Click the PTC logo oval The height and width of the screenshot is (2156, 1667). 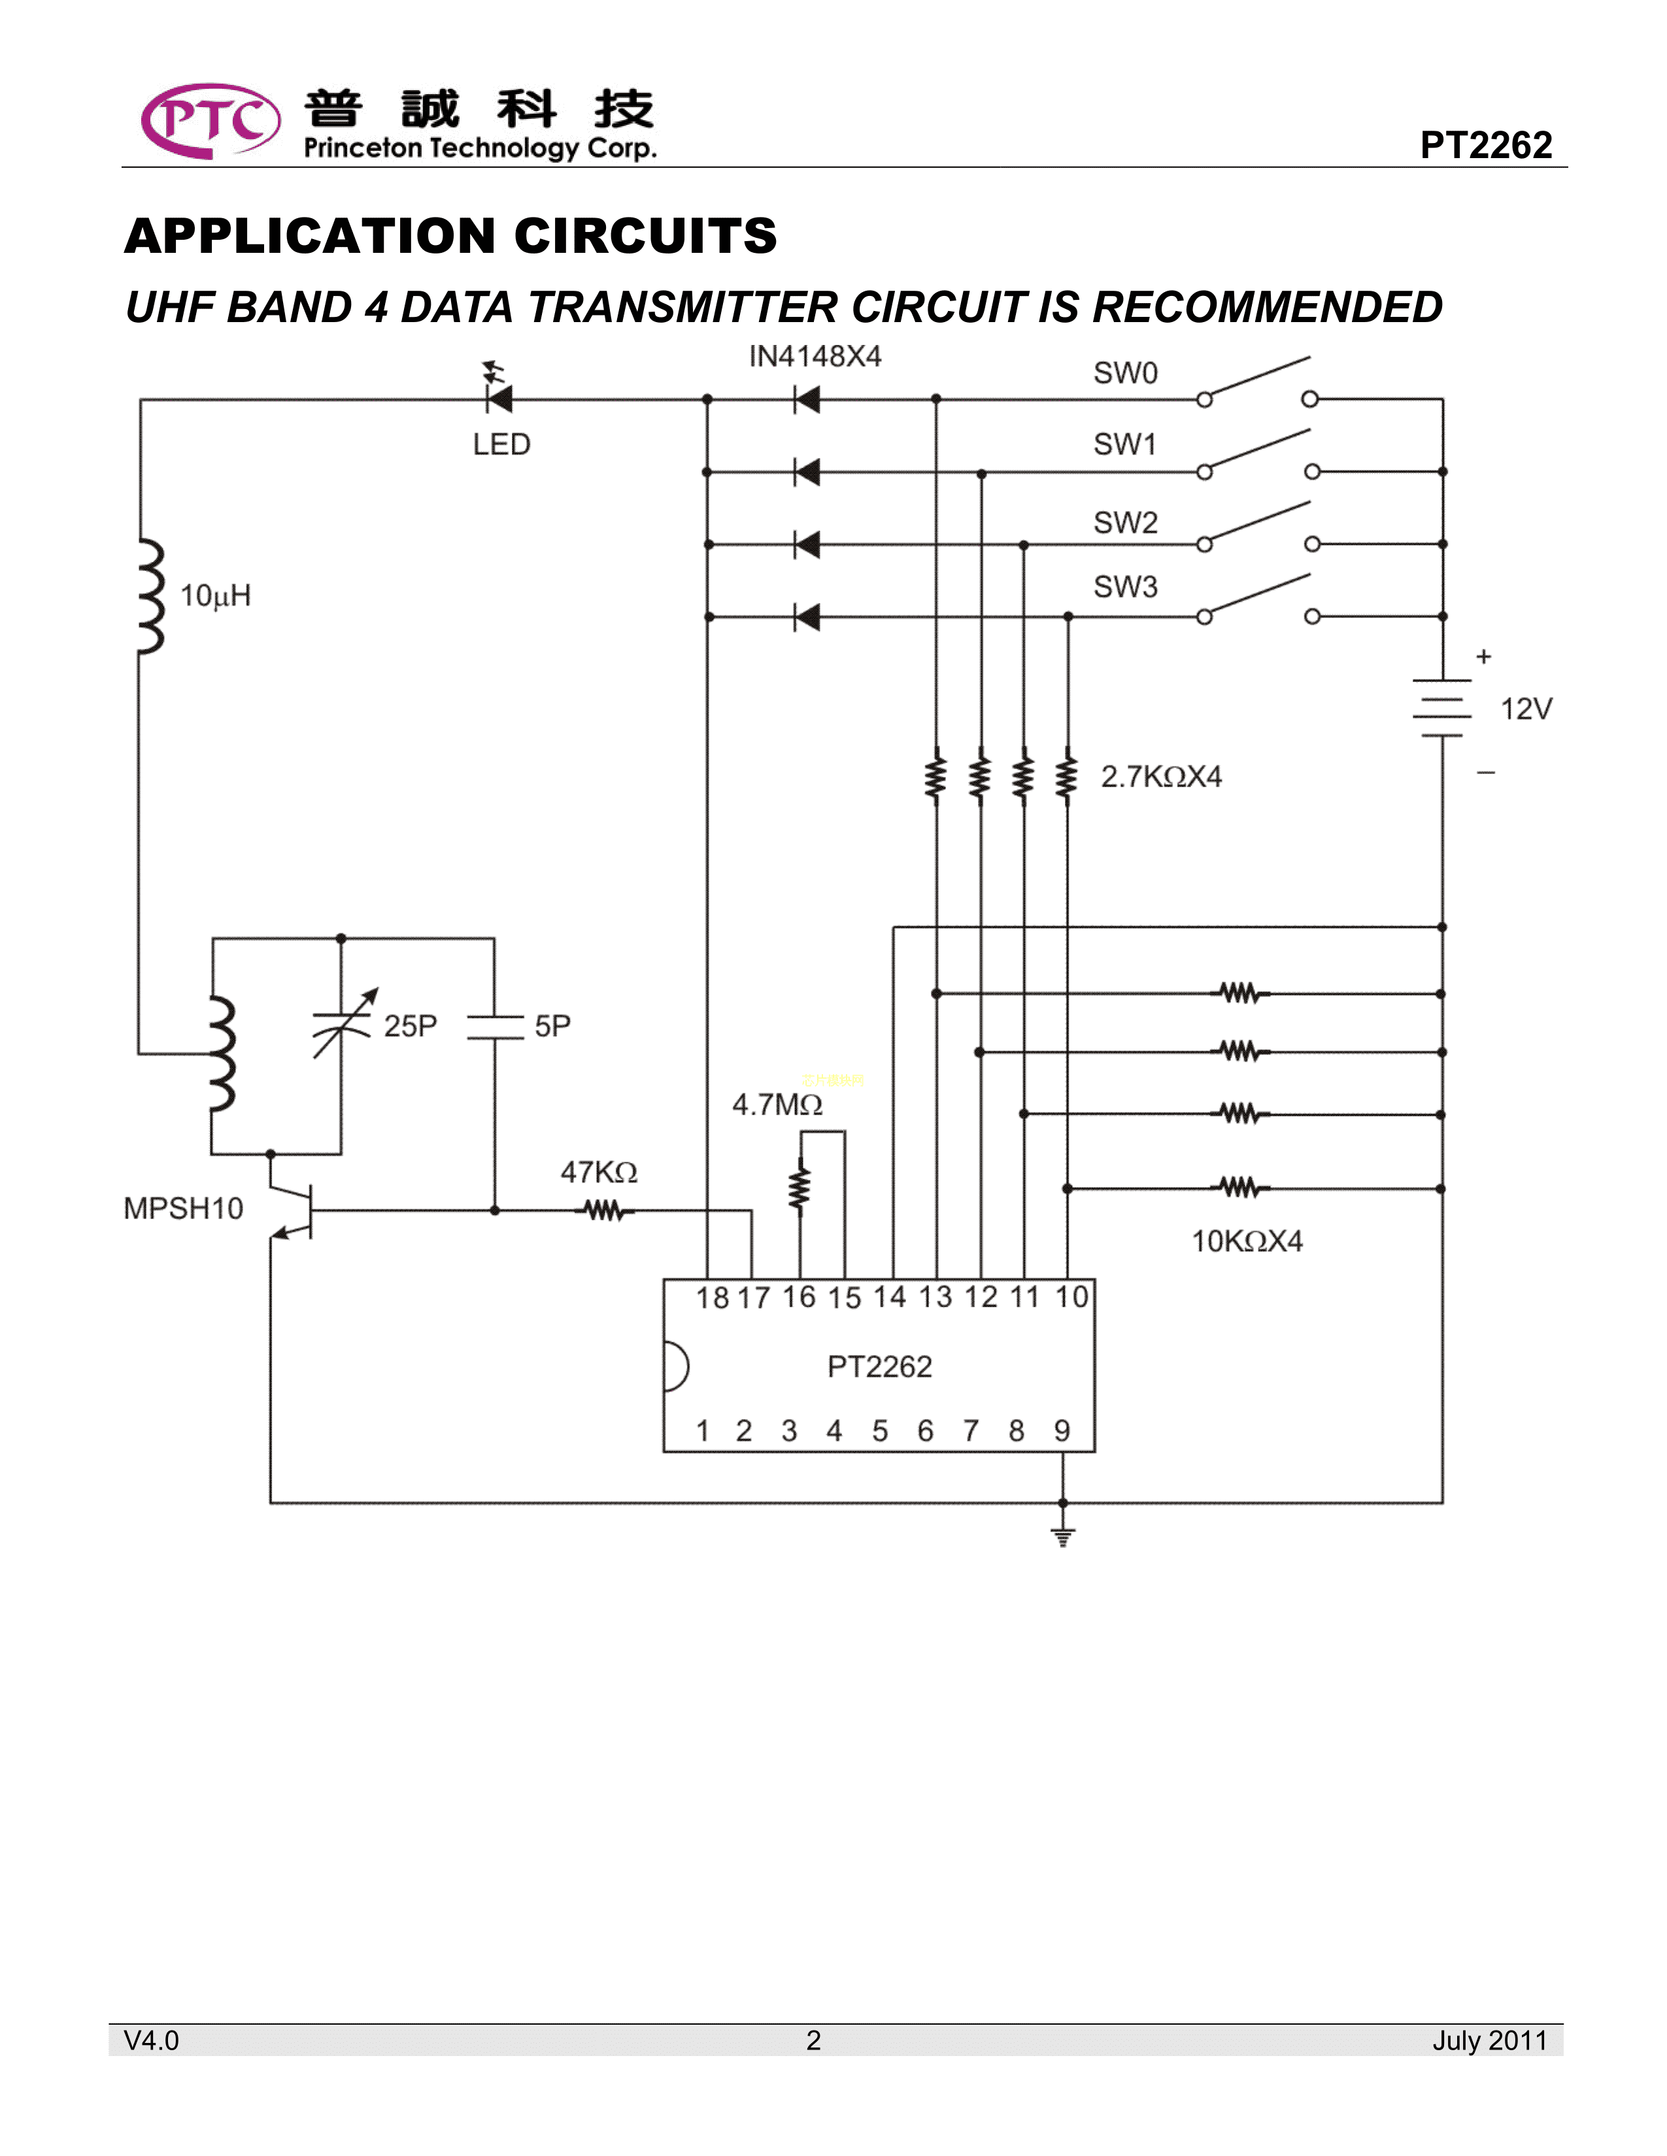tap(210, 120)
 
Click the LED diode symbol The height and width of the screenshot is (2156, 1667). tap(499, 399)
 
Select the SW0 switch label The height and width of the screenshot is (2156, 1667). tap(1125, 373)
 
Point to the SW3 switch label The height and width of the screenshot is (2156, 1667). tap(1125, 587)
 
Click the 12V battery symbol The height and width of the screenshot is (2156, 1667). tap(1442, 708)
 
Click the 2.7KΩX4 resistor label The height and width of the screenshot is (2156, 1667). tap(1162, 777)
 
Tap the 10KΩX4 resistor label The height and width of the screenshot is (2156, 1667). tap(1247, 1241)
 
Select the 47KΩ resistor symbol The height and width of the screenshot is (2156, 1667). tap(605, 1209)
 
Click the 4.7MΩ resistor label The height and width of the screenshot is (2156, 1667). tap(777, 1105)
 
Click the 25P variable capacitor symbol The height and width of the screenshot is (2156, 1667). tap(342, 1024)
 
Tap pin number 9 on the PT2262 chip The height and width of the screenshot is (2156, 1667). tap(1062, 1430)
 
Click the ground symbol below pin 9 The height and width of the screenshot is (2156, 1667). tap(1062, 1536)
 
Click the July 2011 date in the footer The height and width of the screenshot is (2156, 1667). tap(1489, 2040)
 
